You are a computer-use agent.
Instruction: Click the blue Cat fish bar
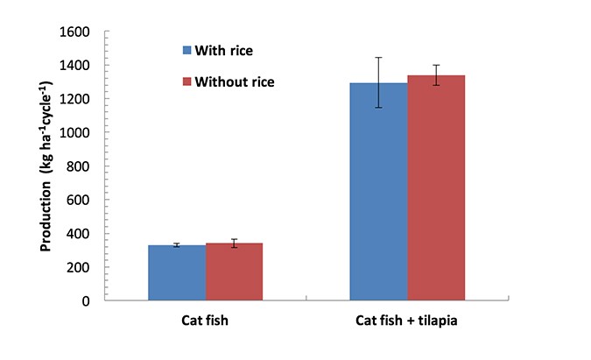coord(177,273)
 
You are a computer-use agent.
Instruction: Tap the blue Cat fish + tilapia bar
coord(378,192)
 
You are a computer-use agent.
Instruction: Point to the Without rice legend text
coord(235,81)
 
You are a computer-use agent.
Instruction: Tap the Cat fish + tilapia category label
coord(406,321)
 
